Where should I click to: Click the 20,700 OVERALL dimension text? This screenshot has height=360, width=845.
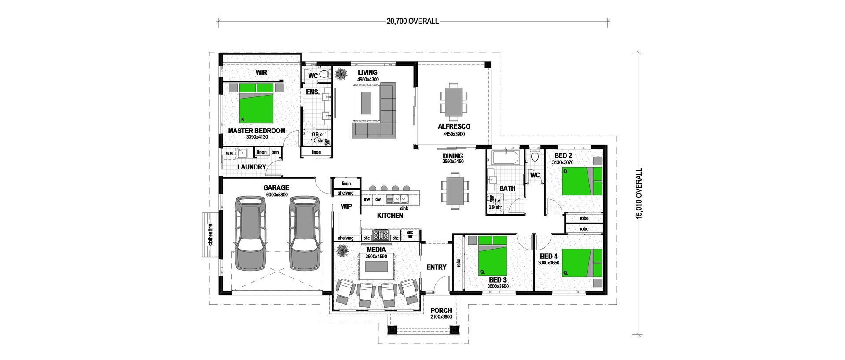(412, 21)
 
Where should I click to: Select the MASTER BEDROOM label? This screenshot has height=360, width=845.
(257, 131)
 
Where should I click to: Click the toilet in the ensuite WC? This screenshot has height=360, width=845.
(324, 74)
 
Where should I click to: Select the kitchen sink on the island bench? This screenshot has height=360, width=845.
(397, 199)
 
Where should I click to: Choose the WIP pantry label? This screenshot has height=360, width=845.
(346, 206)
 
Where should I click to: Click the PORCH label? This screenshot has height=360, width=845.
(441, 310)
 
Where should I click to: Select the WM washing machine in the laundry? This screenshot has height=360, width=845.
(229, 154)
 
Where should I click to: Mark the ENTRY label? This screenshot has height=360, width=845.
(437, 267)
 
